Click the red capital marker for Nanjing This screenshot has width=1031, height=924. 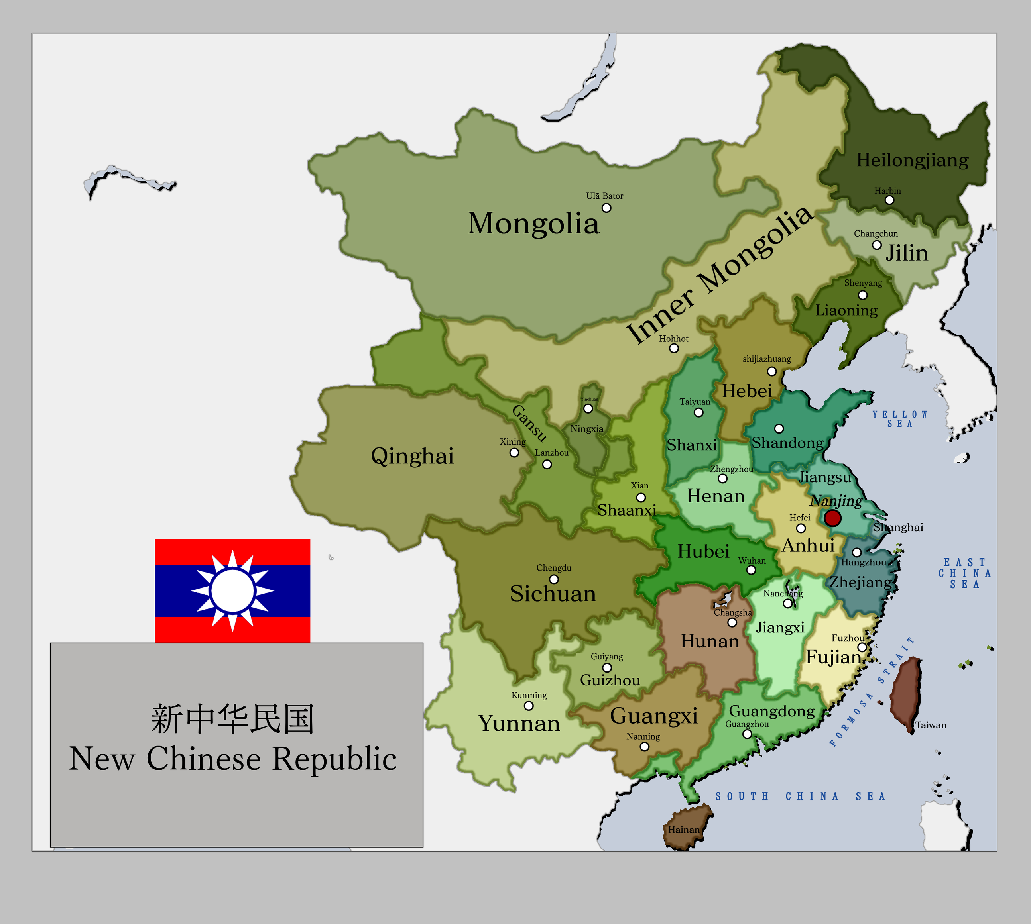(832, 518)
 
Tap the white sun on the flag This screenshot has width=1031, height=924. (232, 590)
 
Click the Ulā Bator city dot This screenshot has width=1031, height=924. (606, 208)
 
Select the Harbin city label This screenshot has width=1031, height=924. (887, 191)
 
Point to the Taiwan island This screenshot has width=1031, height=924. (906, 693)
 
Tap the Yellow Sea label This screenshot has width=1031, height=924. (900, 419)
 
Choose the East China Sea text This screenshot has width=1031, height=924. (965, 573)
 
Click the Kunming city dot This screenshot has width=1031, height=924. (529, 706)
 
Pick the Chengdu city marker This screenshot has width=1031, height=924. (554, 579)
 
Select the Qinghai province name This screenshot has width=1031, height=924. (412, 455)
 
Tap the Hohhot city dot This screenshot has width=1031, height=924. (674, 348)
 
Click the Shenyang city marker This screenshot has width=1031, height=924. (863, 295)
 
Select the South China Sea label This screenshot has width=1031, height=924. (801, 796)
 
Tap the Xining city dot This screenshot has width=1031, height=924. (514, 452)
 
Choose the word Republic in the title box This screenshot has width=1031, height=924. (334, 759)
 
